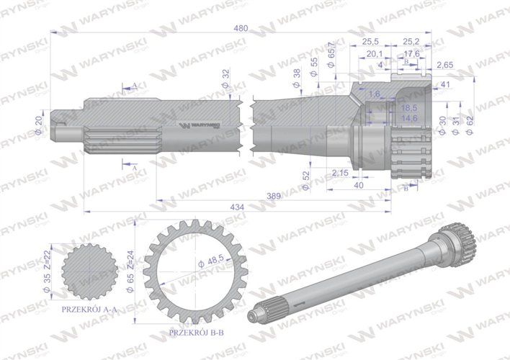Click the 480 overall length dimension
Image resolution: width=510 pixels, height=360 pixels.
[241, 28]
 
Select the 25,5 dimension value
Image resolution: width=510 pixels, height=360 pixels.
[371, 42]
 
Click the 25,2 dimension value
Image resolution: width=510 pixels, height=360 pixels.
[411, 42]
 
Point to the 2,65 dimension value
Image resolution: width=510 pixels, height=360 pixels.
[444, 65]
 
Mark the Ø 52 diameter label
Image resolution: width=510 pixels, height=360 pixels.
[305, 178]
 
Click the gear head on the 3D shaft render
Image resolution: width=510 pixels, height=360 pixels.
[452, 235]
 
